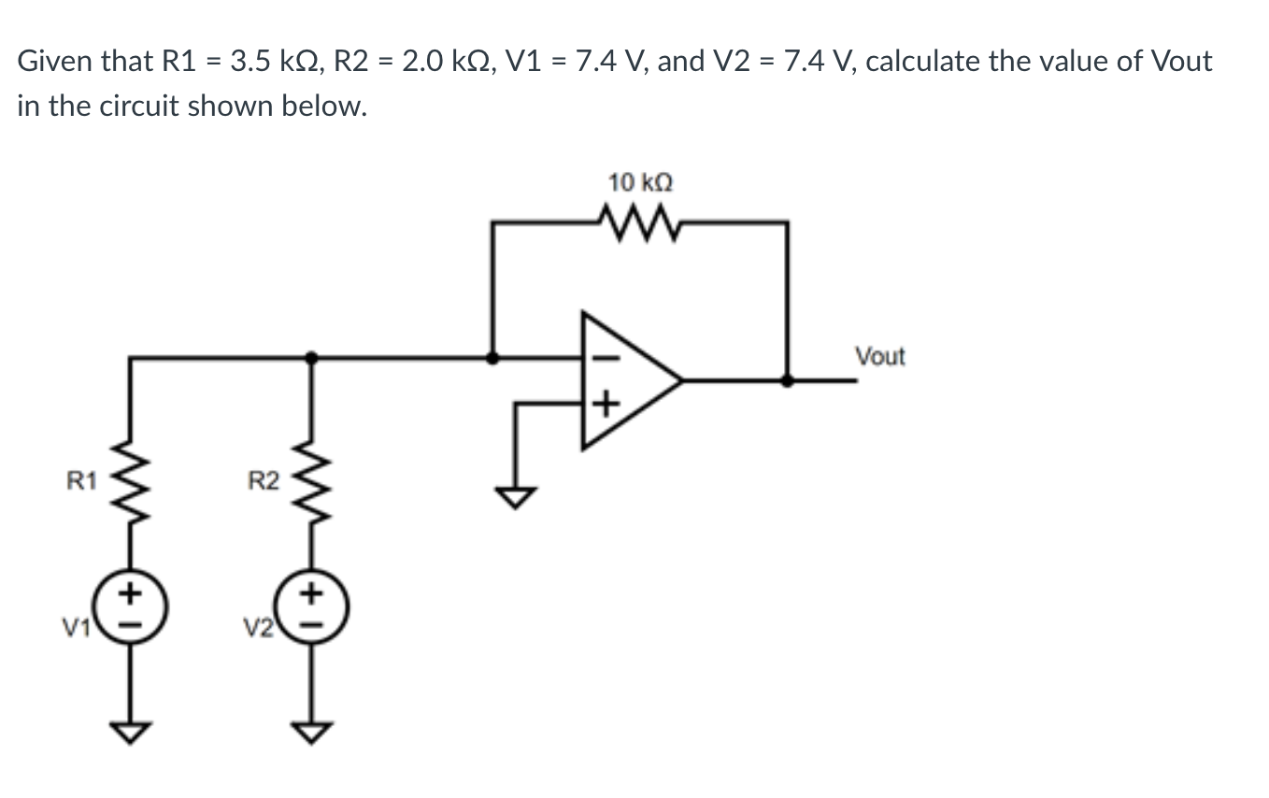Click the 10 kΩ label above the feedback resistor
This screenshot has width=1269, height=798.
[x=640, y=181]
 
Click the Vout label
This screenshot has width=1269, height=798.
[x=879, y=356]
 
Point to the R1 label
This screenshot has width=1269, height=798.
[x=80, y=482]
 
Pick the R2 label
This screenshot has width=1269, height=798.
[x=263, y=482]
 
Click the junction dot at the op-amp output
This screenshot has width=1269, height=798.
[x=788, y=380]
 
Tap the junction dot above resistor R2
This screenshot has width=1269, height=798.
[x=311, y=356]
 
